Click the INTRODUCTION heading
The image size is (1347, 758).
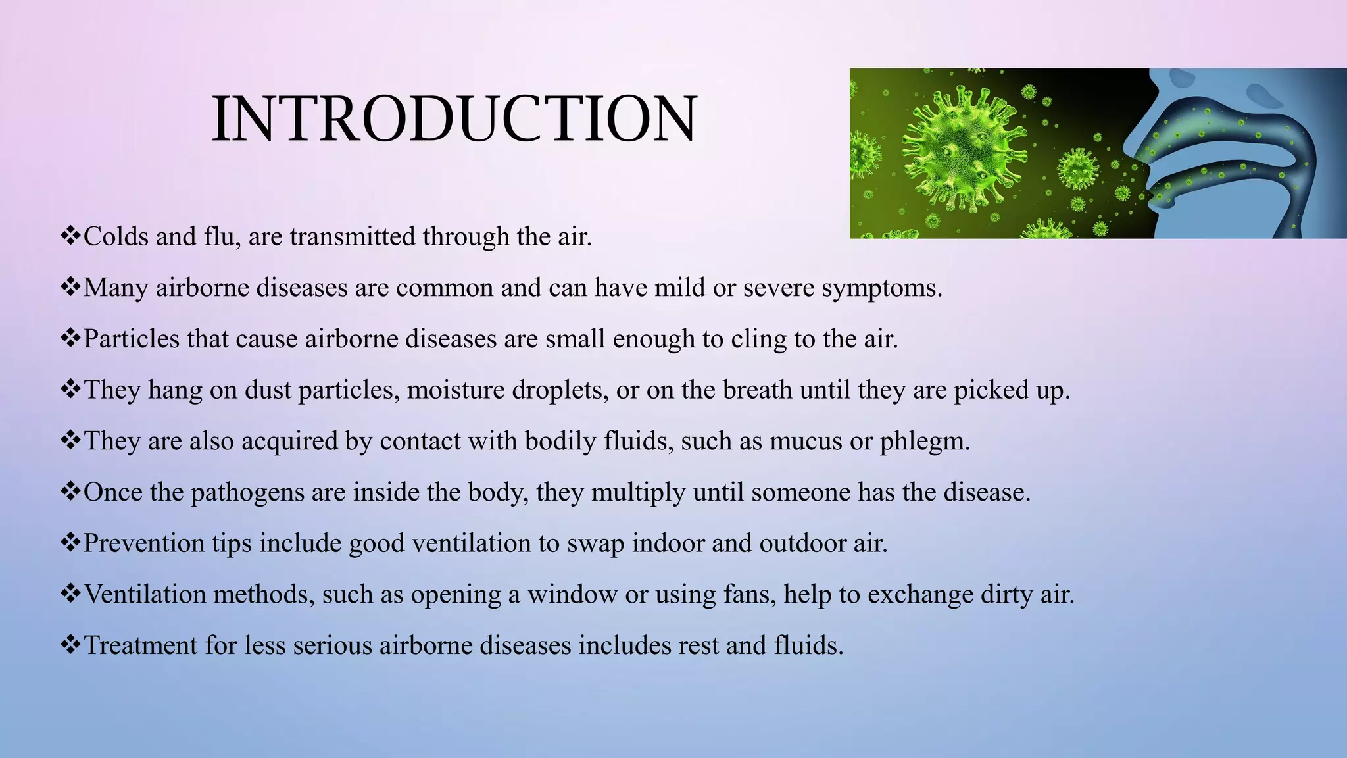coord(454,119)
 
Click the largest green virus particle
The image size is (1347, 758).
coord(962,151)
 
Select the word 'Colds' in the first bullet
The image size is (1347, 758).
coord(116,237)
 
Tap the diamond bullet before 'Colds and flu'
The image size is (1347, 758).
coord(70,236)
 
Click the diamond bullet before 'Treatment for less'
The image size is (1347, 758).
coord(70,644)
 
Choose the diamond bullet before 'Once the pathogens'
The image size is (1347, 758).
coord(70,491)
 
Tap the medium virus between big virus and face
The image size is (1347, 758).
coord(1077,169)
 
